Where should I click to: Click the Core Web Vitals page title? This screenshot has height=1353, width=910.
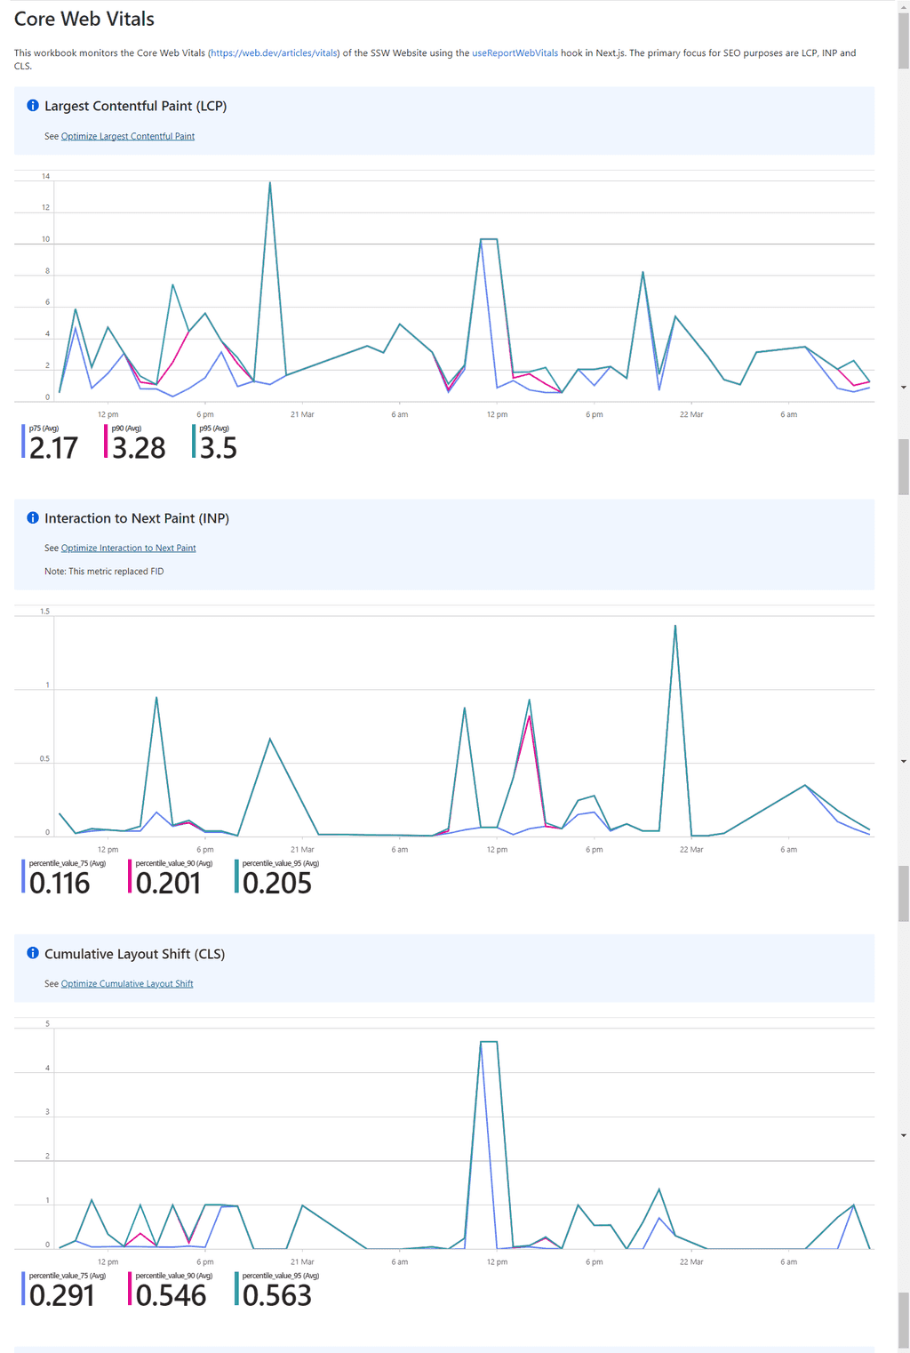coord(84,20)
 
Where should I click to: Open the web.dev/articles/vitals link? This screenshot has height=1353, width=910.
coord(274,53)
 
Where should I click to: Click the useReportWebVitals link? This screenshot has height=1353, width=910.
coord(515,53)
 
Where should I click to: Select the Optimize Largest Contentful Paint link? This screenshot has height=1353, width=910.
coord(127,136)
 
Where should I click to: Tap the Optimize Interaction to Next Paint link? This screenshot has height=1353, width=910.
coord(128,548)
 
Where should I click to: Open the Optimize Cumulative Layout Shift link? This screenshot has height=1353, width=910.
coord(126,984)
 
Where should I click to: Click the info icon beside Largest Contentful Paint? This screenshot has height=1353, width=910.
coord(33,106)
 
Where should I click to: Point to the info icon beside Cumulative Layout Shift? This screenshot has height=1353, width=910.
coord(33,954)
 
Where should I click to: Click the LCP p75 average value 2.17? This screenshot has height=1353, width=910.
coord(53,448)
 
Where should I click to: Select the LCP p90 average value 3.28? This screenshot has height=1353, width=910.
coord(139,448)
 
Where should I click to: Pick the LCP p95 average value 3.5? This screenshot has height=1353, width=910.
coord(218,448)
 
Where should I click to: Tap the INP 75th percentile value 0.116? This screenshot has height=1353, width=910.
coord(60,884)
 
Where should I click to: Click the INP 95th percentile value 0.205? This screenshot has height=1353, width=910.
coord(276,884)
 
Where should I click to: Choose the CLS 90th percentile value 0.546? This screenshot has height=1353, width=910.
coord(171,1296)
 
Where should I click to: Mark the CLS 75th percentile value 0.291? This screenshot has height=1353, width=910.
coord(61,1296)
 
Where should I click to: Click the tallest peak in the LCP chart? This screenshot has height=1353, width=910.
coord(270,183)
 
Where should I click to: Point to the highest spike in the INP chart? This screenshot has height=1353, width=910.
coord(675,626)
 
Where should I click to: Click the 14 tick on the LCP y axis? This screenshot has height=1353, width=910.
coord(46,176)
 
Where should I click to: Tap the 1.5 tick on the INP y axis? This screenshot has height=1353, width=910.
coord(45,612)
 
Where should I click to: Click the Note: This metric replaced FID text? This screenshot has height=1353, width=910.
coord(104,572)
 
